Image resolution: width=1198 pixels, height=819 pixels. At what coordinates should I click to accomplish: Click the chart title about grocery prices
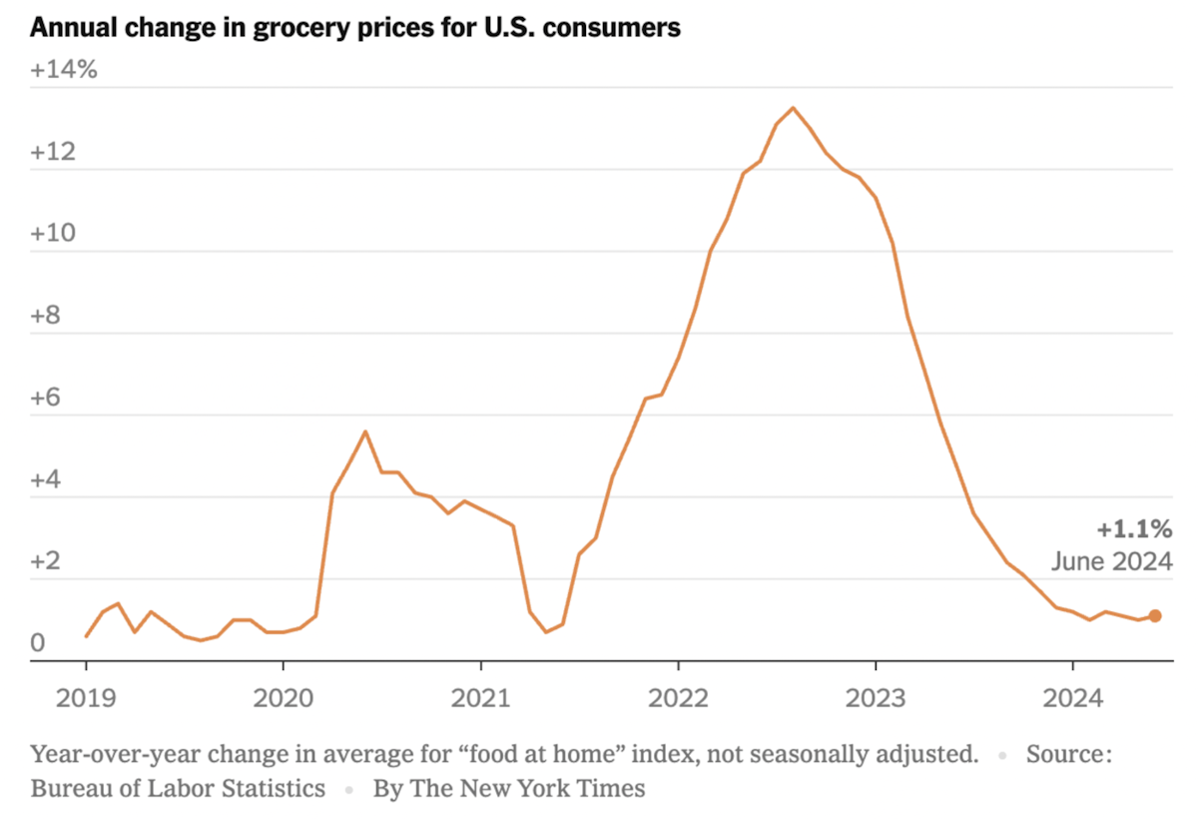[x=355, y=28]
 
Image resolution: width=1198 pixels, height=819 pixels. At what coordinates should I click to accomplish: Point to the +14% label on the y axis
[x=64, y=70]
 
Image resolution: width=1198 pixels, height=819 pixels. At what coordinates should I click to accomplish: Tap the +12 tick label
[x=53, y=152]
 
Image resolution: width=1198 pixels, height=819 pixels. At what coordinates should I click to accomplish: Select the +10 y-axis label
[x=53, y=234]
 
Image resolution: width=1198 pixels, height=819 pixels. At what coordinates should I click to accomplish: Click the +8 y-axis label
[x=46, y=316]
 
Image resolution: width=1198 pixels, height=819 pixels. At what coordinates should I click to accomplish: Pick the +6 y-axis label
[x=46, y=398]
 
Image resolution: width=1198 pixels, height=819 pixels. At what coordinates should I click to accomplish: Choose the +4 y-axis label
[x=46, y=479]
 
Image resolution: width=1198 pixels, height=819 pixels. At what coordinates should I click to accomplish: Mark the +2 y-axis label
[x=46, y=561]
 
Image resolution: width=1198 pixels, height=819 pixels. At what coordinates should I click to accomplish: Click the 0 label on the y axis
[x=38, y=643]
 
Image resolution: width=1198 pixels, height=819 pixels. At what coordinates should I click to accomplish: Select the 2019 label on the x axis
[x=86, y=698]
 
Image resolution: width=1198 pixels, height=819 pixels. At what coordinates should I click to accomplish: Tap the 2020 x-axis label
[x=284, y=698]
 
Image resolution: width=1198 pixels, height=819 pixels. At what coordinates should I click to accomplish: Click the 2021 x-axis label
[x=481, y=698]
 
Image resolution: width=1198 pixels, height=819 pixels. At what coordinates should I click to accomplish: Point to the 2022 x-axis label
[x=678, y=698]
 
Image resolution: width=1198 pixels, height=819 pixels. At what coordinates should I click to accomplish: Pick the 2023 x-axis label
[x=877, y=698]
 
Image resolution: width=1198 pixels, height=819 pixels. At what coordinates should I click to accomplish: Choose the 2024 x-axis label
[x=1073, y=698]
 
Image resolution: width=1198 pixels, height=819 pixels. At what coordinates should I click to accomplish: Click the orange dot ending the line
[x=1155, y=615]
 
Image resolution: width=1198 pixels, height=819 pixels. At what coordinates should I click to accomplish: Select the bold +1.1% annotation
[x=1135, y=529]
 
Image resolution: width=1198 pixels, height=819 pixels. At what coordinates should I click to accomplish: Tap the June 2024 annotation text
[x=1112, y=562]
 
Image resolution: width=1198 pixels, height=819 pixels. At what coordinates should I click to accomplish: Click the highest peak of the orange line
[x=793, y=108]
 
